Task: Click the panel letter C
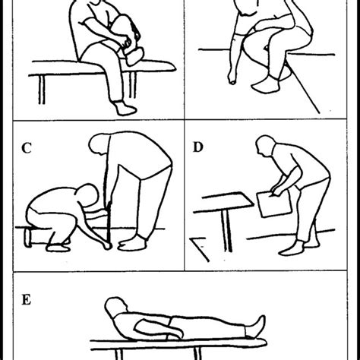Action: point(26,148)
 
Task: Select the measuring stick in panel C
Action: point(108,220)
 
